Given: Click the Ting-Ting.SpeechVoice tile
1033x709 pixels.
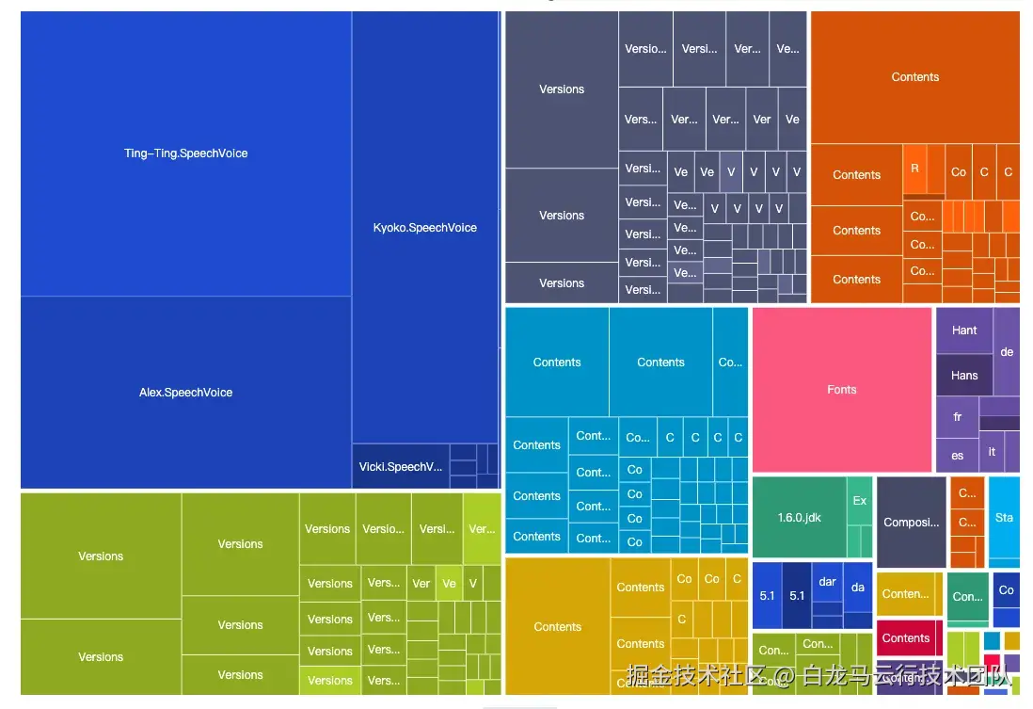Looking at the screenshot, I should tap(185, 153).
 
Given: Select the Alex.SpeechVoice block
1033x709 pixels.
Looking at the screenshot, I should tap(185, 392).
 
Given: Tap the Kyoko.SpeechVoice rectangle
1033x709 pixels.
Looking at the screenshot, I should tap(424, 228).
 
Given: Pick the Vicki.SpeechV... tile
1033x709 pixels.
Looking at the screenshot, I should tap(400, 466).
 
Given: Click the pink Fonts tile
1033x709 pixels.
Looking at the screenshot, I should tap(842, 390).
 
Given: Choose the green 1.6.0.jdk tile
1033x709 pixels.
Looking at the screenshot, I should tap(800, 517).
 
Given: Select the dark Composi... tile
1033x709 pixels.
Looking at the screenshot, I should tap(911, 522).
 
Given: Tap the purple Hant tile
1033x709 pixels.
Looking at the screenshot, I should tap(964, 330).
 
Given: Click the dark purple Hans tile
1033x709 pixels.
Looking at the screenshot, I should tap(964, 375).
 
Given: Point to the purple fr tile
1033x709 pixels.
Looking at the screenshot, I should tap(958, 417).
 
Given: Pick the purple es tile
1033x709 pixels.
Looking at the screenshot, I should tap(958, 456).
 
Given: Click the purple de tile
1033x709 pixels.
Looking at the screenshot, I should tap(1007, 351).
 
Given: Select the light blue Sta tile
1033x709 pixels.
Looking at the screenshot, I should tap(1004, 517).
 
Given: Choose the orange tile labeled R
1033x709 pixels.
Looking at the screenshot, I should tap(914, 169).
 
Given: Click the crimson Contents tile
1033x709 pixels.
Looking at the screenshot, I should tap(906, 637).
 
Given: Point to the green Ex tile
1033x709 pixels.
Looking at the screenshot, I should tap(860, 501).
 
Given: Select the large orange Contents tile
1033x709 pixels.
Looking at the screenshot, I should tap(914, 77).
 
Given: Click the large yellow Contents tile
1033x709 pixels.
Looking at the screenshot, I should tap(557, 626).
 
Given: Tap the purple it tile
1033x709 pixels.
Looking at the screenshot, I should tap(992, 452).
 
